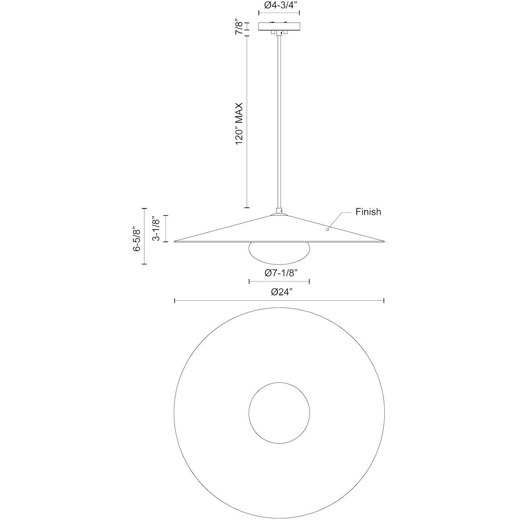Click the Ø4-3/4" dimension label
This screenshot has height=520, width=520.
279,6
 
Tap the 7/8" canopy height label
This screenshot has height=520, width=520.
239,27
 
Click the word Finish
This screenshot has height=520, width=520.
368,212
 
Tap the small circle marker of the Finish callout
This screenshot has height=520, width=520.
327,229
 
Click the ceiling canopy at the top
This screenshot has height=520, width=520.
279,26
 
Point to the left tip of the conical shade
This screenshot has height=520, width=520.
175,241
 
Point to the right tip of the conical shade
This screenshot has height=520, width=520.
384,241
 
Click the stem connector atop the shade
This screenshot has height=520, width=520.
279,211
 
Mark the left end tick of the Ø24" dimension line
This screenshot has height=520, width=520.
175,301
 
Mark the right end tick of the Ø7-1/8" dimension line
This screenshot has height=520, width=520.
309,281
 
